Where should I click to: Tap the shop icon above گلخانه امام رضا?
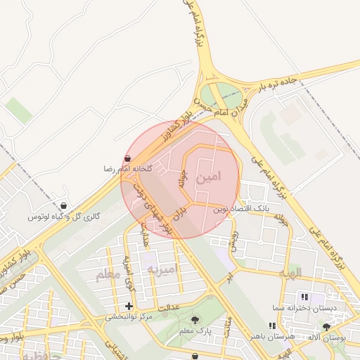click(127, 159)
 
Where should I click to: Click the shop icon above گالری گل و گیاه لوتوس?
click(64, 207)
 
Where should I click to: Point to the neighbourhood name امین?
click(211, 178)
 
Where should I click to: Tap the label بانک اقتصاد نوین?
click(241, 210)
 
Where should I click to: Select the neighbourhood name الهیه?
click(289, 272)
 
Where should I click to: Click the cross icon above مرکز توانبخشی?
click(129, 306)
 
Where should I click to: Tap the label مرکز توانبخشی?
click(129, 316)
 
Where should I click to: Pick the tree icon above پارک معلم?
click(195, 320)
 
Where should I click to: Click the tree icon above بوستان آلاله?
click(326, 327)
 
